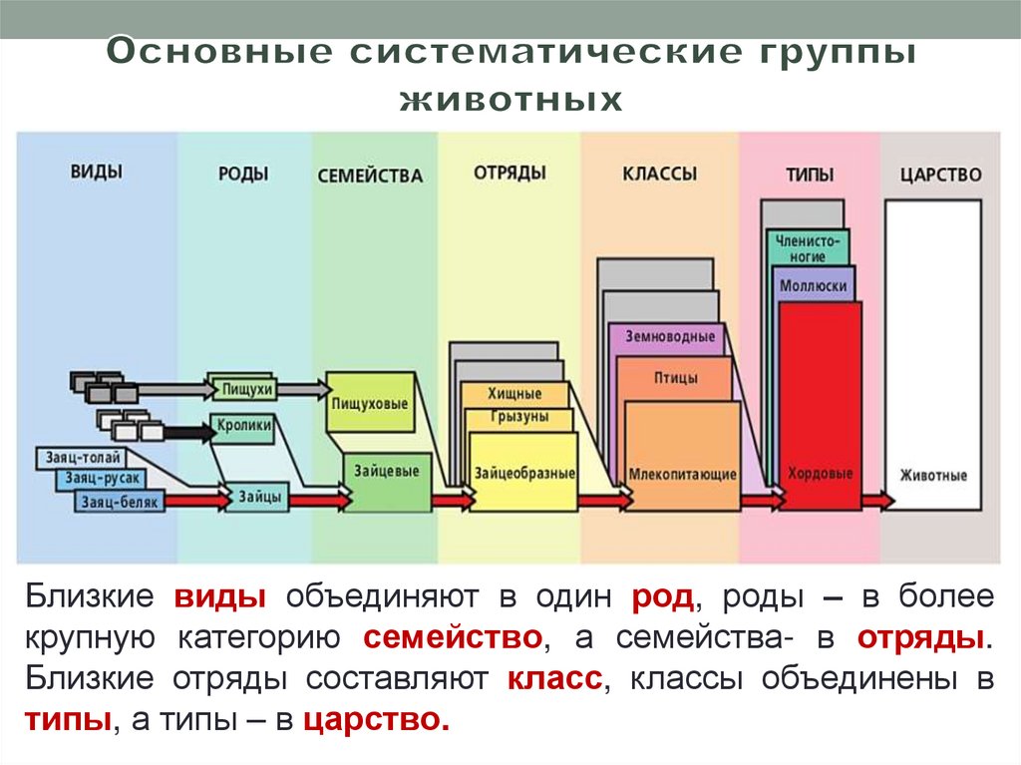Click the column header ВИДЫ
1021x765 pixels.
click(x=97, y=171)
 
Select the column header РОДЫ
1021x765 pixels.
click(x=243, y=174)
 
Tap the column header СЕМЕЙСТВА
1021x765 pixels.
click(x=370, y=176)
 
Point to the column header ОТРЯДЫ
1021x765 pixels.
click(x=510, y=173)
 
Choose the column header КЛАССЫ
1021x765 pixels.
click(x=659, y=174)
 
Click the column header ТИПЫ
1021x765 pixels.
click(x=809, y=175)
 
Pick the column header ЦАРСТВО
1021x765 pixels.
click(x=940, y=175)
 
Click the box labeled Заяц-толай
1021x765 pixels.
click(x=83, y=458)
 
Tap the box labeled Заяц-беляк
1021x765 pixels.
click(x=120, y=502)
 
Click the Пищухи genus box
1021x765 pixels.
click(x=241, y=387)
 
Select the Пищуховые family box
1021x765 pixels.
click(x=370, y=403)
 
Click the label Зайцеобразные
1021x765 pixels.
click(x=523, y=473)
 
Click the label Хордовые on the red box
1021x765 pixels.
click(x=820, y=474)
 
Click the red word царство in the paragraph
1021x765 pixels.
click(x=375, y=719)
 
